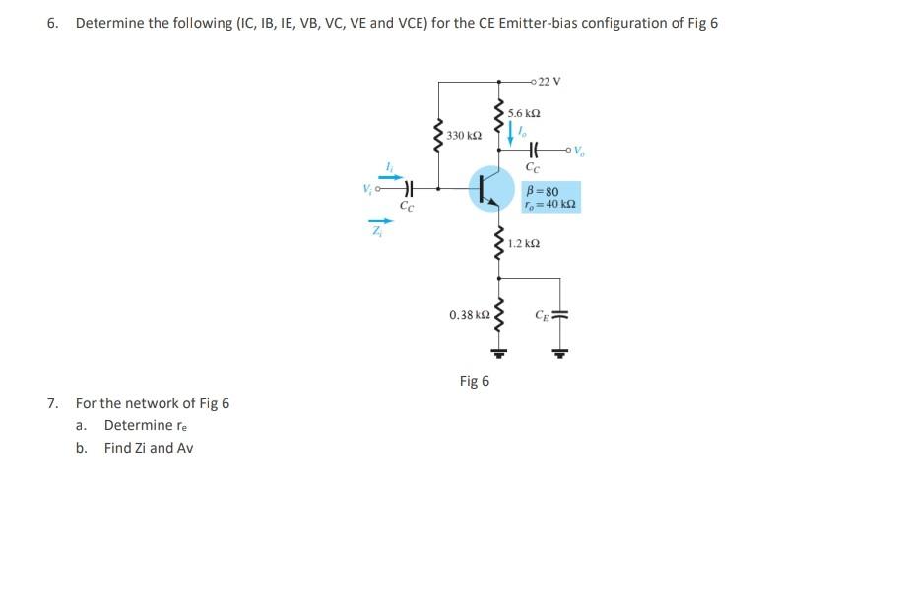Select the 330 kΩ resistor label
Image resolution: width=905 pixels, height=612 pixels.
point(462,134)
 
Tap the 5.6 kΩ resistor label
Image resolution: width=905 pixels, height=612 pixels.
point(524,114)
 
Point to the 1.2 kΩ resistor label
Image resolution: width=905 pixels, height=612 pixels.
point(526,242)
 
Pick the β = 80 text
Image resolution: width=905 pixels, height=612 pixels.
point(544,191)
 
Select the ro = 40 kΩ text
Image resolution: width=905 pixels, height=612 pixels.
point(551,205)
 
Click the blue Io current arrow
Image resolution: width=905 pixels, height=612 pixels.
point(512,137)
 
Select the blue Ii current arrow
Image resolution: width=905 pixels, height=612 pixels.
point(391,177)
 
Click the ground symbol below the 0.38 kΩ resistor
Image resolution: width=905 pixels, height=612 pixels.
point(498,351)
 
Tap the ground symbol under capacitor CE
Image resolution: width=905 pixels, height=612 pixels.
point(561,351)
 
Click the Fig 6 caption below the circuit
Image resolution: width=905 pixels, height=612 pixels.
point(474,381)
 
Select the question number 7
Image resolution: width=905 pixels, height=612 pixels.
point(52,403)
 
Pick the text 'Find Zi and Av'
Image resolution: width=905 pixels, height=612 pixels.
point(149,448)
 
